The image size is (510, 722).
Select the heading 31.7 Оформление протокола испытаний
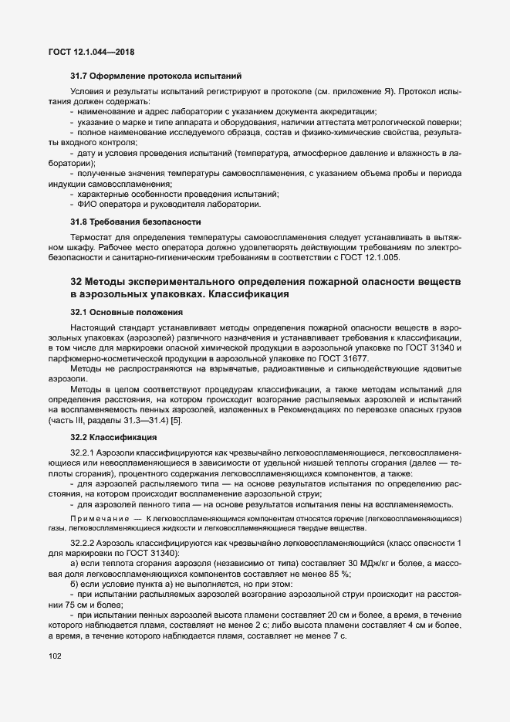click(x=157, y=76)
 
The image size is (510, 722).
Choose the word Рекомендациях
click(x=305, y=409)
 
